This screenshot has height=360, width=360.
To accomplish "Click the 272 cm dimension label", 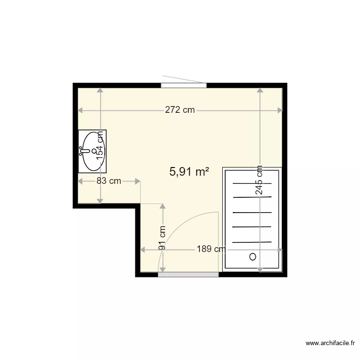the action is tap(180, 110).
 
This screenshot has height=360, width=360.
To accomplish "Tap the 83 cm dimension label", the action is tap(108, 181).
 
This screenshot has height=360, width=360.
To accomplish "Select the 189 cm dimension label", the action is tap(211, 249).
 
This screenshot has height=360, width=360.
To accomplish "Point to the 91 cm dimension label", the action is tap(162, 238).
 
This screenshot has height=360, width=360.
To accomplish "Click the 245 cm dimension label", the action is tap(259, 180).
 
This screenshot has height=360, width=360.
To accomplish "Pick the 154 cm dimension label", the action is tap(100, 145).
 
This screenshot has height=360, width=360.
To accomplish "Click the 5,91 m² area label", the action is tap(189, 171).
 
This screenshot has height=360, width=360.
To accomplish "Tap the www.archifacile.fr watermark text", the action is tap(330, 343).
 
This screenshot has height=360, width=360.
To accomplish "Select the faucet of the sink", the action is tap(84, 151).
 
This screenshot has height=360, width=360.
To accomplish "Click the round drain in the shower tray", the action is tap(253, 257).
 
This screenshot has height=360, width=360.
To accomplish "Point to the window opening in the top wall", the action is tap(184, 85).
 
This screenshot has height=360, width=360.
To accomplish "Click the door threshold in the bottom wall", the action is tap(188, 275).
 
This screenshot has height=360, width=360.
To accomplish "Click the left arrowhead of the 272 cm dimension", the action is tap(80, 110).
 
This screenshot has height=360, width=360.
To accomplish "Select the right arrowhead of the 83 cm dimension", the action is tap(138, 181).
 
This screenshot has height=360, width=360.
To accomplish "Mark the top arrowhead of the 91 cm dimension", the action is tap(163, 206).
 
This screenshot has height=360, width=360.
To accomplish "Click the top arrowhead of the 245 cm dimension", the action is tap(260, 90).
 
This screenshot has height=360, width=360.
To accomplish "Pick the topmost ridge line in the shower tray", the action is tap(252, 183).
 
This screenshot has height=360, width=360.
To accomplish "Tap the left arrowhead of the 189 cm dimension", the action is tap(143, 250).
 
